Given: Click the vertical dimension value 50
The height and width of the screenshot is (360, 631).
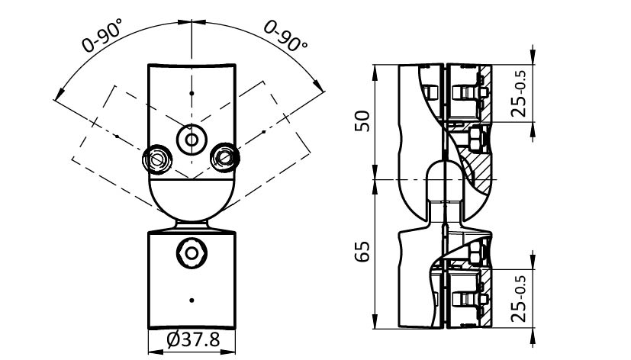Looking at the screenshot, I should click(x=364, y=121).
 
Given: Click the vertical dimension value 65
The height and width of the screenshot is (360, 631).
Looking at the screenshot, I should click(x=364, y=251).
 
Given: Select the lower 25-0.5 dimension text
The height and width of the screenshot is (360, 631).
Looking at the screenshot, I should click(x=520, y=299).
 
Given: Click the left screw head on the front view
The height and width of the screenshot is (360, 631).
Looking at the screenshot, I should click(x=159, y=159).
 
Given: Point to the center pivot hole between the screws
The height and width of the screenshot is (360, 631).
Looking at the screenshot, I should click(x=190, y=140).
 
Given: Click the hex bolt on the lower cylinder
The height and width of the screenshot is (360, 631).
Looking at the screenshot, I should click(x=190, y=252).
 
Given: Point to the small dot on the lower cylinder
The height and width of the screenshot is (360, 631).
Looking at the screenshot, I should click(x=191, y=300).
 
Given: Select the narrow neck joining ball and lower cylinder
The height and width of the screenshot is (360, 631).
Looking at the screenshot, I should click(x=191, y=226).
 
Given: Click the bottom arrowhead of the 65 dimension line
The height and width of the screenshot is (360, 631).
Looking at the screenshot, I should click(x=376, y=325).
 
